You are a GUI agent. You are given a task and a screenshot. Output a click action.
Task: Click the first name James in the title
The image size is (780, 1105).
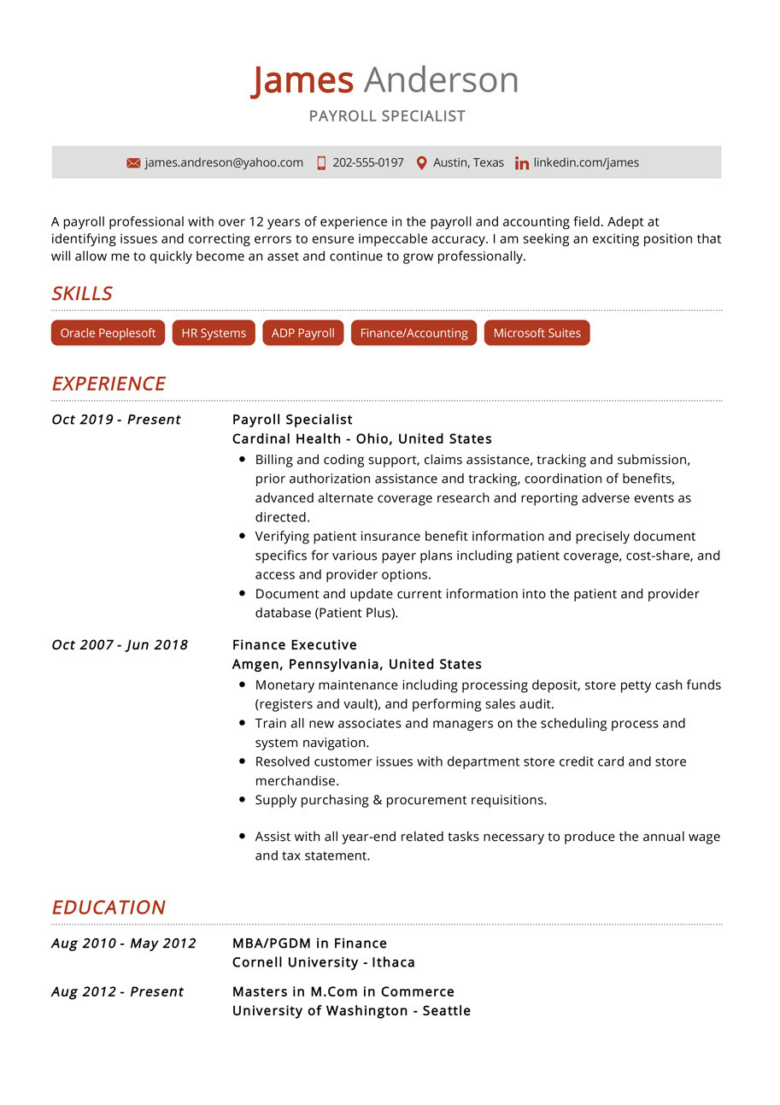tap(302, 80)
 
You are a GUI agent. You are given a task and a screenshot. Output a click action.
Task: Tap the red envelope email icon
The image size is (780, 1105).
tap(133, 163)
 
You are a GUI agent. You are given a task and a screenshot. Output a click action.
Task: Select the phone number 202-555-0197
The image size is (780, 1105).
tap(367, 162)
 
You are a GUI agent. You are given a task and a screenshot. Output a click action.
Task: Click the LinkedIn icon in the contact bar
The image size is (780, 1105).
tap(521, 163)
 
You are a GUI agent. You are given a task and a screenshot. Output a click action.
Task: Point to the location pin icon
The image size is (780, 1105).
tap(421, 162)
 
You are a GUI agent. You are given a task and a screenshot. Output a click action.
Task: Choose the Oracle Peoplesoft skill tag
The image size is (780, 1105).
tap(108, 333)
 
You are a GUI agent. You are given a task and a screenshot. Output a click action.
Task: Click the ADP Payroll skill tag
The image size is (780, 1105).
tap(302, 333)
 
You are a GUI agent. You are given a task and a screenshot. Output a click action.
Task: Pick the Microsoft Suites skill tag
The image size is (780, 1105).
tap(537, 333)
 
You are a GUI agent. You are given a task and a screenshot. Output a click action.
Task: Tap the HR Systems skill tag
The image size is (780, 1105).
tap(214, 333)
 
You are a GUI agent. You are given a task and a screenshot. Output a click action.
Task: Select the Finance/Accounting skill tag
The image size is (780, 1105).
tap(413, 333)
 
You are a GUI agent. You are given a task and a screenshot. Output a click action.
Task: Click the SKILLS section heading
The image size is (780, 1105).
tap(82, 294)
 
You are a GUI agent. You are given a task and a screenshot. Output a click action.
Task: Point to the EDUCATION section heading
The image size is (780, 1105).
tap(108, 908)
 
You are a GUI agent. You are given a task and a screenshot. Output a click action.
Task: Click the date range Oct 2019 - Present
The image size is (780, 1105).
tap(116, 420)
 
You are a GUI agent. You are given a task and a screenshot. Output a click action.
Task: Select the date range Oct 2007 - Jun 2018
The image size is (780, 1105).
tap(120, 645)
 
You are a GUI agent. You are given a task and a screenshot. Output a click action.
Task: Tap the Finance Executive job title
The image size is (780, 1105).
tap(295, 645)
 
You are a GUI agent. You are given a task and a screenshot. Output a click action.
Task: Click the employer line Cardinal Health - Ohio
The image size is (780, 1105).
tap(361, 439)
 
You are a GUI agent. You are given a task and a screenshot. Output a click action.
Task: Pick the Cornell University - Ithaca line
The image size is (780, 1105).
tap(323, 962)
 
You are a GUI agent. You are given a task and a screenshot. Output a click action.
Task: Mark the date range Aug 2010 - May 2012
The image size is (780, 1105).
tap(124, 943)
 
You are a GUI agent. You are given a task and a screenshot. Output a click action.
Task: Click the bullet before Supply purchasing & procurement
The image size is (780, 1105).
tap(243, 801)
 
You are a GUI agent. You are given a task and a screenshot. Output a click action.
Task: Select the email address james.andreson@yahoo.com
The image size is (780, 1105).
tap(224, 162)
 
